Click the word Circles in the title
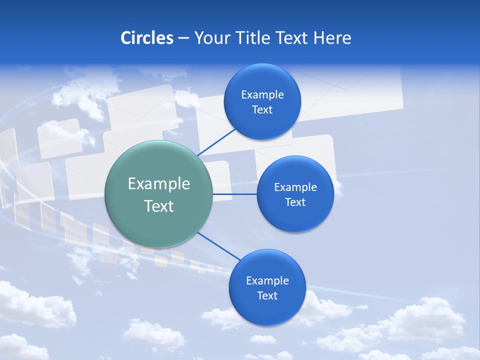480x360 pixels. click(146, 38)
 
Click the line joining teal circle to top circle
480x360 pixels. click(216, 141)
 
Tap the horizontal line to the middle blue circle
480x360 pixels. click(235, 194)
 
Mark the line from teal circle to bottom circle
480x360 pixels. click(219, 245)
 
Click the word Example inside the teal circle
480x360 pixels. click(159, 184)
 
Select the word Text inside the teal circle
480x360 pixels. click(159, 206)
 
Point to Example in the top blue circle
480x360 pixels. click(262, 95)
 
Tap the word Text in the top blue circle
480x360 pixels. click(262, 110)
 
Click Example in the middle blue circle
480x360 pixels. click(295, 187)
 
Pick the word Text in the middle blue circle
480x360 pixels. click(295, 202)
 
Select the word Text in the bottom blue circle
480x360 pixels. click(267, 296)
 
